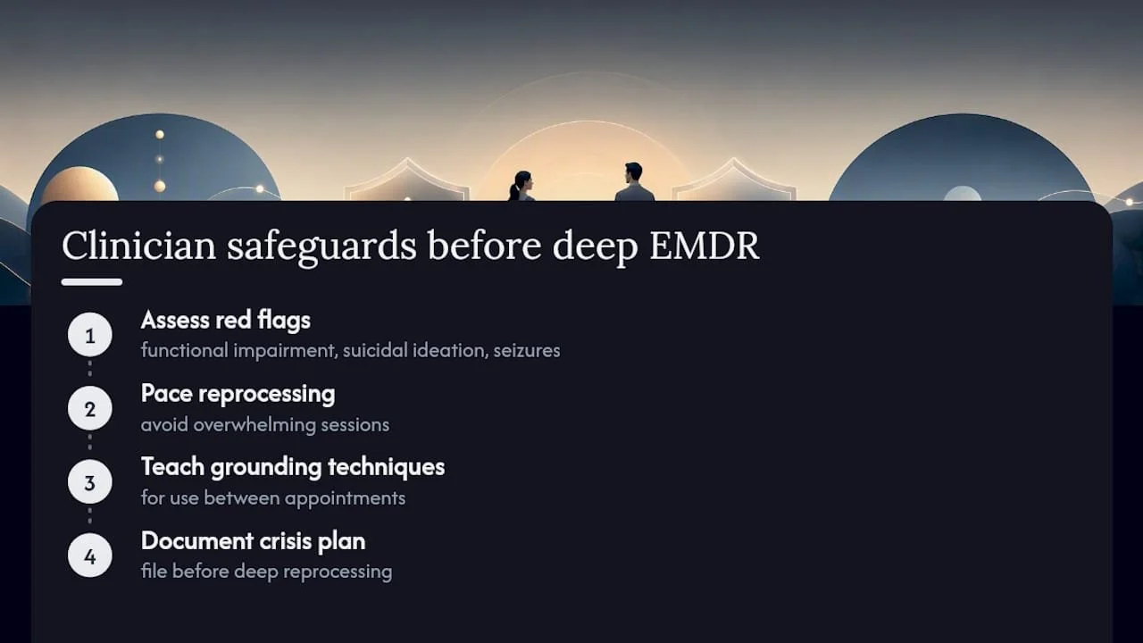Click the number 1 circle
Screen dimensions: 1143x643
tap(90, 335)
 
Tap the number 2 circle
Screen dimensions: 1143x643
tap(90, 408)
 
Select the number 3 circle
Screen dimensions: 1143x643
tap(90, 481)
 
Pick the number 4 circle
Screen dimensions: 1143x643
tap(90, 555)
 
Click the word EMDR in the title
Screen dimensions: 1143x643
tap(705, 246)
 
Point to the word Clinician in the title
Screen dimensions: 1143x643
tap(138, 245)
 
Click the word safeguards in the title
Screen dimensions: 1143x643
tap(321, 247)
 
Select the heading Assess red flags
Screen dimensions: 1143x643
tap(226, 321)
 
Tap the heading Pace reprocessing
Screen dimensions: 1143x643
tap(238, 395)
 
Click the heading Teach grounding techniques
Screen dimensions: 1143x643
tap(293, 468)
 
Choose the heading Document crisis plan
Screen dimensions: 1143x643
tap(253, 541)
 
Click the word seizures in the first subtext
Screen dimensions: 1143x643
tap(527, 351)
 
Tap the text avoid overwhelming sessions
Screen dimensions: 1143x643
tap(265, 424)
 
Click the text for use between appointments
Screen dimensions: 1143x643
tap(273, 498)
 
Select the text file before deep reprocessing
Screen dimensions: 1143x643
tap(266, 572)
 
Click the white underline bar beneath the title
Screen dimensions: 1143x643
tap(92, 282)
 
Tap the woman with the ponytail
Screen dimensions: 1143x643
tap(521, 187)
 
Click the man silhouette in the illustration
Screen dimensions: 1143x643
tap(634, 182)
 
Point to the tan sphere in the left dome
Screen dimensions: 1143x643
tap(79, 185)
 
